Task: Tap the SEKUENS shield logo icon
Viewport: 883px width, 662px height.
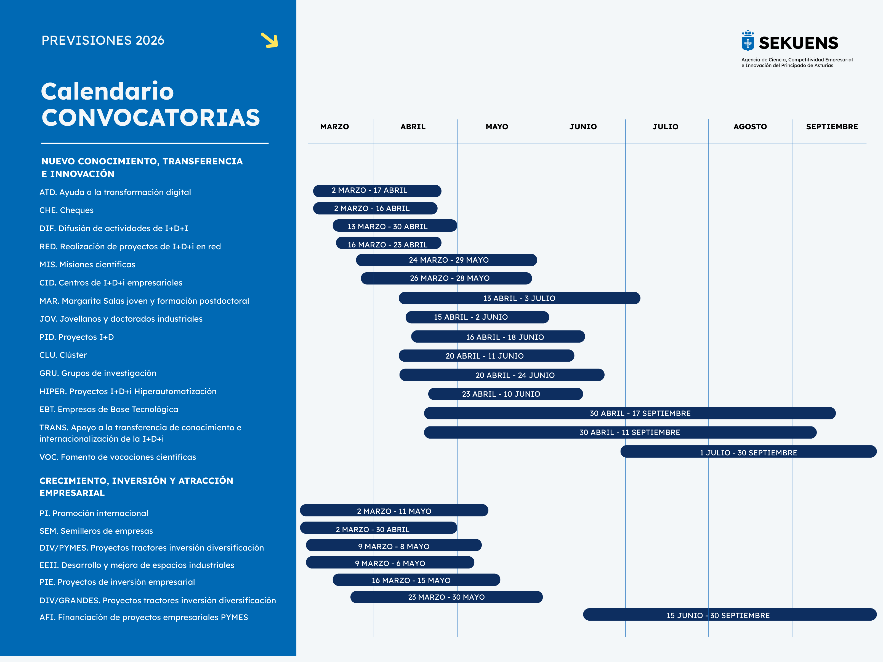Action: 748,41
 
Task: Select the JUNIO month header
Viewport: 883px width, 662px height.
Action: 583,127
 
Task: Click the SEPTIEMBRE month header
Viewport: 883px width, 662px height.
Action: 832,127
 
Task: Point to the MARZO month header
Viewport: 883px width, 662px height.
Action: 334,127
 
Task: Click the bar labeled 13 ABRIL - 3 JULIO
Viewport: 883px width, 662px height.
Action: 519,298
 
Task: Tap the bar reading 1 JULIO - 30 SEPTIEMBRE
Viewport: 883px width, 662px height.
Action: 748,452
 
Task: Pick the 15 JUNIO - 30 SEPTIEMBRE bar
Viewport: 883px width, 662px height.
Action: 729,615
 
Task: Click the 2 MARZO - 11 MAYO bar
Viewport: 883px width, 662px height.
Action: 394,511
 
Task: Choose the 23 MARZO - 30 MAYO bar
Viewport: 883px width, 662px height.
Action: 446,597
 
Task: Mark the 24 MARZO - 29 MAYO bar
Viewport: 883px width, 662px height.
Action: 446,260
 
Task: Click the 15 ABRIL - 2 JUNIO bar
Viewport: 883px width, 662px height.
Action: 477,317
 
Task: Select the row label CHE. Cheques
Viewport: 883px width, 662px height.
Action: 67,210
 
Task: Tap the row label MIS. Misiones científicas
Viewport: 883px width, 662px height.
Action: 87,265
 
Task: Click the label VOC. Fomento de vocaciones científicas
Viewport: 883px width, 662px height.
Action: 118,457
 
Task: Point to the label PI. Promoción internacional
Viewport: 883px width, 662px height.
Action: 94,513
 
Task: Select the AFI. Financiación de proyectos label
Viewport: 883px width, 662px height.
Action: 144,617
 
